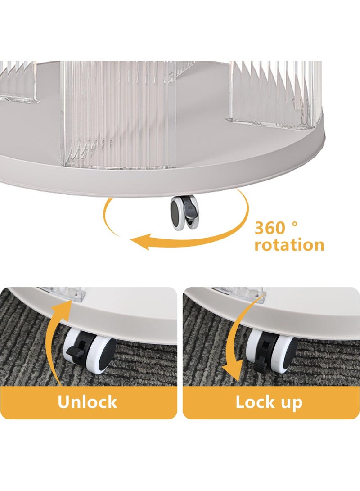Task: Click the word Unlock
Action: point(87,402)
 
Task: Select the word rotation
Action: point(289,245)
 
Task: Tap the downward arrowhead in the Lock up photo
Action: point(231,374)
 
